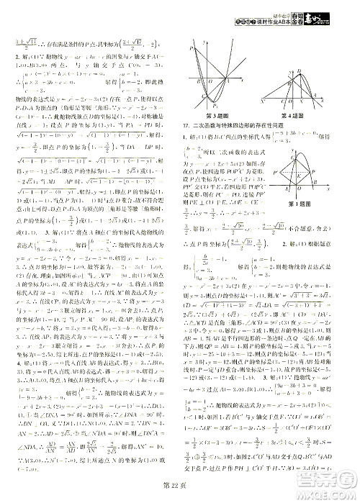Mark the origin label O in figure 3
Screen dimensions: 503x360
click(210, 80)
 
